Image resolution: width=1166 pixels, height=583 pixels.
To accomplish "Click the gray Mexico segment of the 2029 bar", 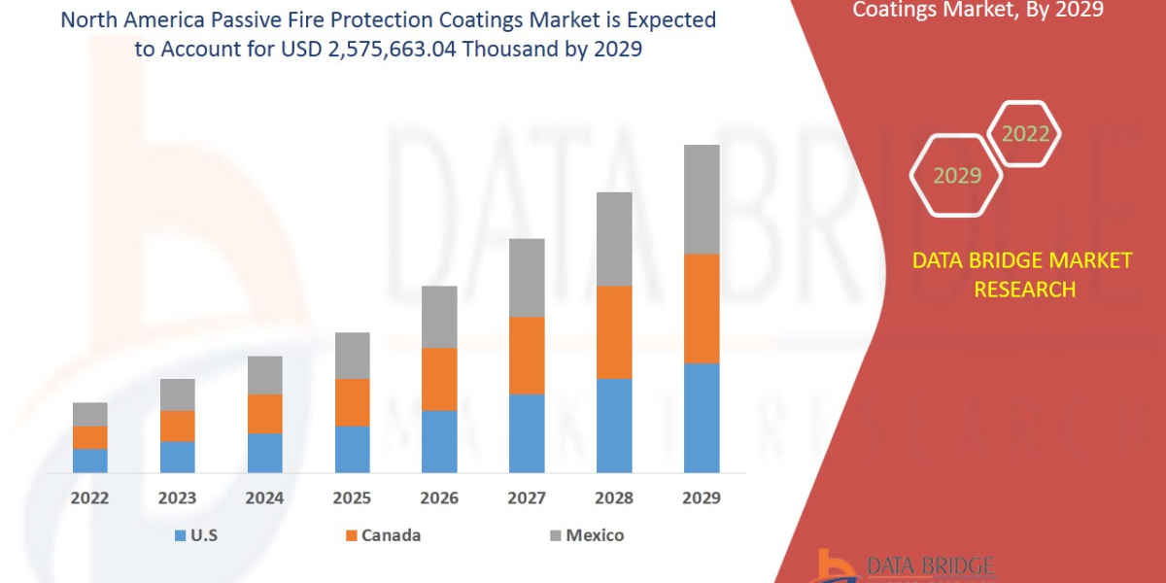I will click(x=702, y=199).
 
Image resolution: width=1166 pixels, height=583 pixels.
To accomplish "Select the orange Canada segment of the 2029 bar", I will click(x=702, y=308).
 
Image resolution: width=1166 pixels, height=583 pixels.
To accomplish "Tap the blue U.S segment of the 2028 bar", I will click(x=614, y=425).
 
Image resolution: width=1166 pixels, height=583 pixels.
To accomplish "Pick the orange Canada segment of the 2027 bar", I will click(x=527, y=355).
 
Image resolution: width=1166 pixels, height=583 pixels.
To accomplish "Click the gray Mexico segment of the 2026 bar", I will click(x=439, y=317).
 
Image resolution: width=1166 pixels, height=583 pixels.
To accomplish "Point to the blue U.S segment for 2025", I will click(x=352, y=449).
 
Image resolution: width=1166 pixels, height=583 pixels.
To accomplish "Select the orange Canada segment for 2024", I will click(x=264, y=413).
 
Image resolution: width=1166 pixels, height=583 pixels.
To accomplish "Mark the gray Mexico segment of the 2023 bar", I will click(x=177, y=394).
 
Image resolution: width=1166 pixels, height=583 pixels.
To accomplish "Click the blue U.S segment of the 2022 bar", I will click(x=90, y=461).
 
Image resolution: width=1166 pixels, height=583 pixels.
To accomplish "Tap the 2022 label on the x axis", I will click(x=90, y=498).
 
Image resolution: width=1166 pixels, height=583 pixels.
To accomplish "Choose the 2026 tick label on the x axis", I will click(x=439, y=498).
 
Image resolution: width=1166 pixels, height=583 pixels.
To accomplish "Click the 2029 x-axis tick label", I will click(x=702, y=498).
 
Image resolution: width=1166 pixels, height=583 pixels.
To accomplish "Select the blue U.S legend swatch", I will click(x=180, y=535).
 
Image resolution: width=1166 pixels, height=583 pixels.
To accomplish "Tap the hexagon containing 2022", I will click(x=1024, y=134).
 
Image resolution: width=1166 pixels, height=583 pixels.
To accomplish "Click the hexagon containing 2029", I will click(x=956, y=176).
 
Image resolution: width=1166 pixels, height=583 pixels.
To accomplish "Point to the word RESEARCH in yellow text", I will click(x=1024, y=290).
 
